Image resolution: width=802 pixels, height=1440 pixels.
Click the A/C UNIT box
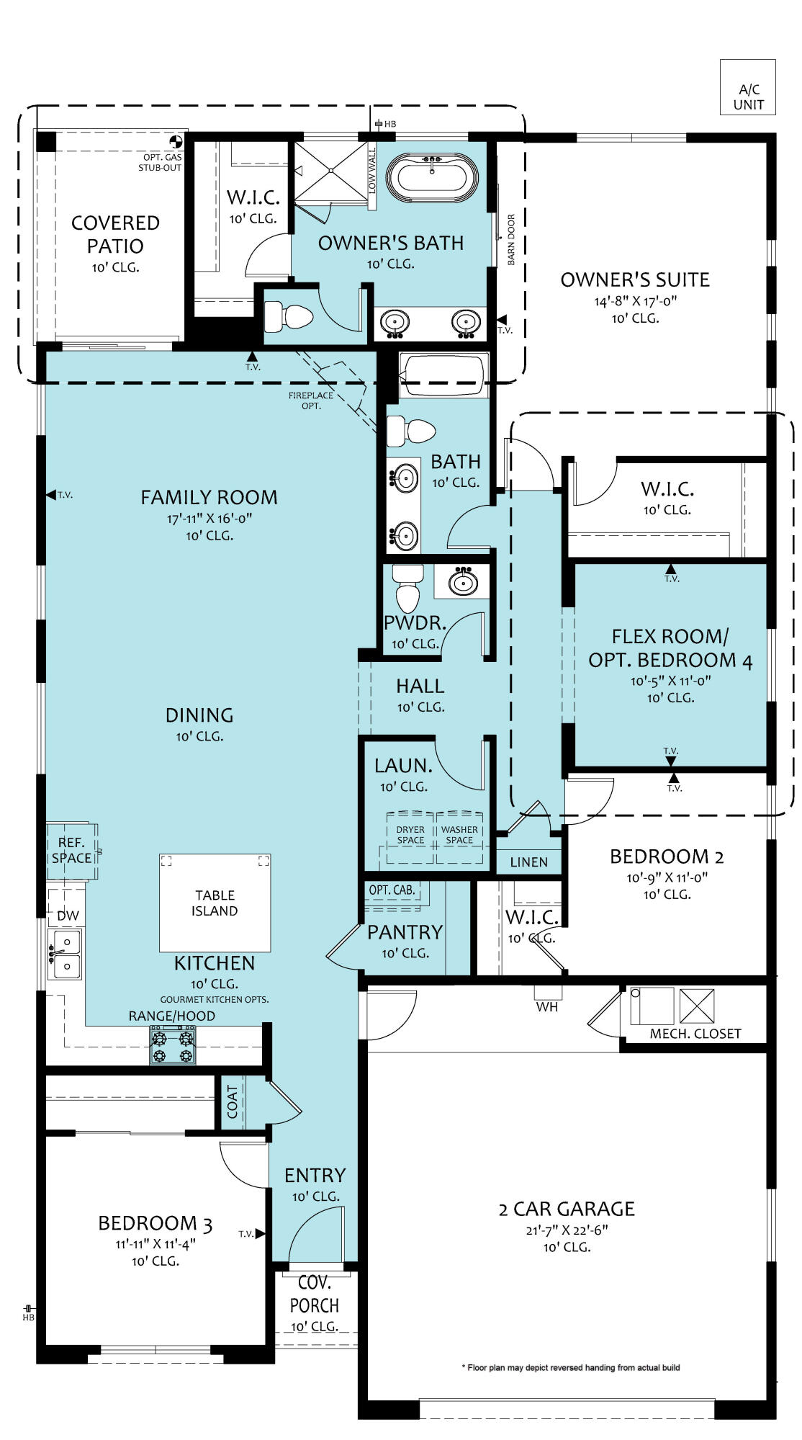[x=748, y=87]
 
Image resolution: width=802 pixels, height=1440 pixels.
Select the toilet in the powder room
[x=407, y=588]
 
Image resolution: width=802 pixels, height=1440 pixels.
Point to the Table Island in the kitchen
[x=215, y=903]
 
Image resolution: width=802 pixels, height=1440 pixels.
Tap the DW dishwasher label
[x=68, y=916]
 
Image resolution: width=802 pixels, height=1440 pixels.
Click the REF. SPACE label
[x=71, y=850]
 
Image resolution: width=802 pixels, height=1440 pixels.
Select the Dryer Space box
[x=410, y=836]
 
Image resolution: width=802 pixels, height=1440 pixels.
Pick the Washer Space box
[x=459, y=836]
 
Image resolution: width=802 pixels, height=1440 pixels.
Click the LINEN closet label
[x=529, y=862]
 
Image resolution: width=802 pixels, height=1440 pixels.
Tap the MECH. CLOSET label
[x=695, y=1034]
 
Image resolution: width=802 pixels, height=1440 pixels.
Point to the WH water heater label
[x=547, y=1007]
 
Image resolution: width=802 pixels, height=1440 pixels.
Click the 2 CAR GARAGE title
[x=567, y=1209]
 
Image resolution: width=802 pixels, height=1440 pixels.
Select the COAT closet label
[x=233, y=1102]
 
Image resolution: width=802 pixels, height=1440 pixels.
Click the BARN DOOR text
[x=511, y=240]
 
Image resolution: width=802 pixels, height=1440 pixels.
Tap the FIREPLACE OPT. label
[x=311, y=401]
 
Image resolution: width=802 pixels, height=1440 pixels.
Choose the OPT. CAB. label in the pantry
[x=392, y=890]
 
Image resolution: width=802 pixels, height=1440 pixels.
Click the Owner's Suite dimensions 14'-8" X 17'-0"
[x=636, y=301]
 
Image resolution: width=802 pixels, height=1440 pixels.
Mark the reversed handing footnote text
[x=570, y=1367]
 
